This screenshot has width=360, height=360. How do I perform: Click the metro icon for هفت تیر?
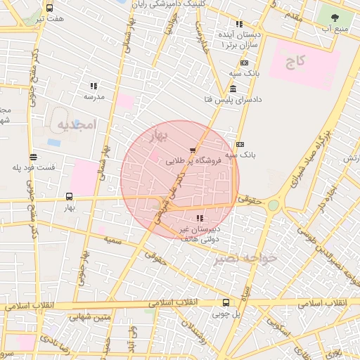tap(49, 8)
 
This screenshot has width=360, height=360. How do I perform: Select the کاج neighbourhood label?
tap(295, 61)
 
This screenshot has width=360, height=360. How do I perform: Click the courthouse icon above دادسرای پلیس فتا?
tap(233, 88)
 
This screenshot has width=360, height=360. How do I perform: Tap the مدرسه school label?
tap(94, 96)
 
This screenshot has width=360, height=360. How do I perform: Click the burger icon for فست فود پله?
tap(33, 157)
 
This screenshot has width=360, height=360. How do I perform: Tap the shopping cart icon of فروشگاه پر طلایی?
tap(193, 149)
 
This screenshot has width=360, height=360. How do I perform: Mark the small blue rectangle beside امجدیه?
tap(54, 142)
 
